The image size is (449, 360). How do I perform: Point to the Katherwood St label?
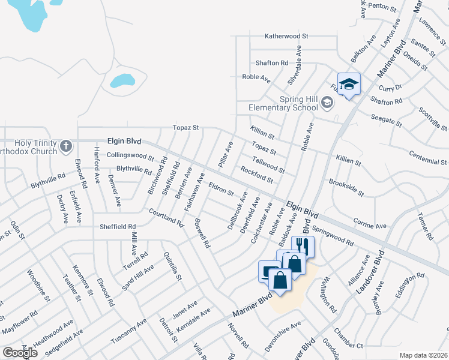pyautogui.click(x=287, y=36)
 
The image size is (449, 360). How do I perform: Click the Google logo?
pyautogui.click(x=20, y=352)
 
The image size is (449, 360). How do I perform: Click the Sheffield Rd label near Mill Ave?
pyautogui.click(x=118, y=226)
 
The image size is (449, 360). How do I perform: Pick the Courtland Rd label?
pyautogui.click(x=166, y=217)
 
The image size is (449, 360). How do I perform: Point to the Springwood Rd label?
pyautogui.click(x=333, y=235)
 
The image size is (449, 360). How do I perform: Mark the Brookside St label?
pyautogui.click(x=346, y=187)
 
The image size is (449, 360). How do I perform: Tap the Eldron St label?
pyautogui.click(x=220, y=188)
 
